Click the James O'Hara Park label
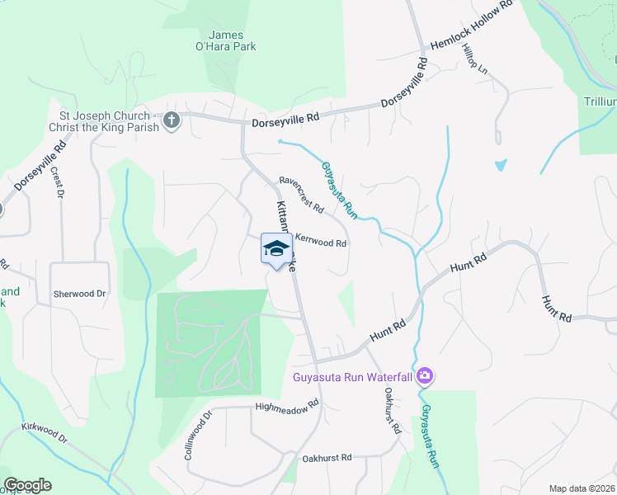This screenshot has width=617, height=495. point(232,40)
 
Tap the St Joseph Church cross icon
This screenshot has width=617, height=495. point(172,120)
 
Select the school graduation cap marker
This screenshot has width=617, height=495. point(277,249)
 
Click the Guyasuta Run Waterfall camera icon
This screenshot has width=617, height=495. point(425,377)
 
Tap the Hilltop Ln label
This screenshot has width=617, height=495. point(476,60)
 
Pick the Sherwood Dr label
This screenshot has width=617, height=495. point(80,294)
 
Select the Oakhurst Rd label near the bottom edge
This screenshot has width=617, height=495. point(327,457)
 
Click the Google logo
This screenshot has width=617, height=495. point(27,485)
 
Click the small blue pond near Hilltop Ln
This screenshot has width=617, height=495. point(501,165)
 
